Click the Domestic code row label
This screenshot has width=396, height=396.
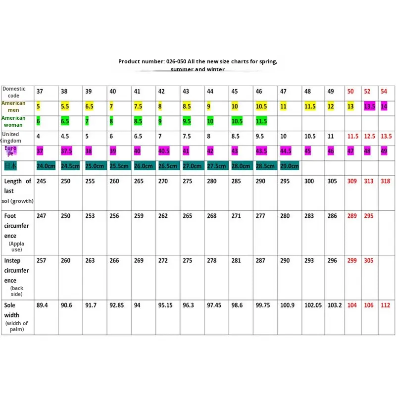pyautogui.click(x=14, y=92)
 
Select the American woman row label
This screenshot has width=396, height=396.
pyautogui.click(x=13, y=121)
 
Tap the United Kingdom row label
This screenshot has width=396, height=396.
pyautogui.click(x=11, y=138)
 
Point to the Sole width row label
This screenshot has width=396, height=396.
pyautogui.click(x=12, y=310)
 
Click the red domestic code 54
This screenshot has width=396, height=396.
pyautogui.click(x=384, y=92)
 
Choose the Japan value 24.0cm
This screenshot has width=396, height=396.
pyautogui.click(x=46, y=166)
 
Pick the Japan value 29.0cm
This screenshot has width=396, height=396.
pyautogui.click(x=290, y=166)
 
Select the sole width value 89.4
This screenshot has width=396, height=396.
pyautogui.click(x=42, y=305)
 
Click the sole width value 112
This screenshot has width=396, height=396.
pyautogui.click(x=385, y=305)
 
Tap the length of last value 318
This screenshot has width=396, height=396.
pyautogui.click(x=385, y=181)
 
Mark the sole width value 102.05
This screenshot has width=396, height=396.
pyautogui.click(x=313, y=305)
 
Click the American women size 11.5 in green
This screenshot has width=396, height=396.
pyautogui.click(x=261, y=121)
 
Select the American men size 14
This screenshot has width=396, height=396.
pyautogui.click(x=384, y=106)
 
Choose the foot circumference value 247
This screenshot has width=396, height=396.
pyautogui.click(x=41, y=216)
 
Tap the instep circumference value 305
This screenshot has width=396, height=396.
pyautogui.click(x=369, y=260)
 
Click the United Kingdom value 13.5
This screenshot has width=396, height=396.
pyautogui.click(x=386, y=136)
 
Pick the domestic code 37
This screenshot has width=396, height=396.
pyautogui.click(x=40, y=92)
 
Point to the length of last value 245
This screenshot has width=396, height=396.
pyautogui.click(x=41, y=181)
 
